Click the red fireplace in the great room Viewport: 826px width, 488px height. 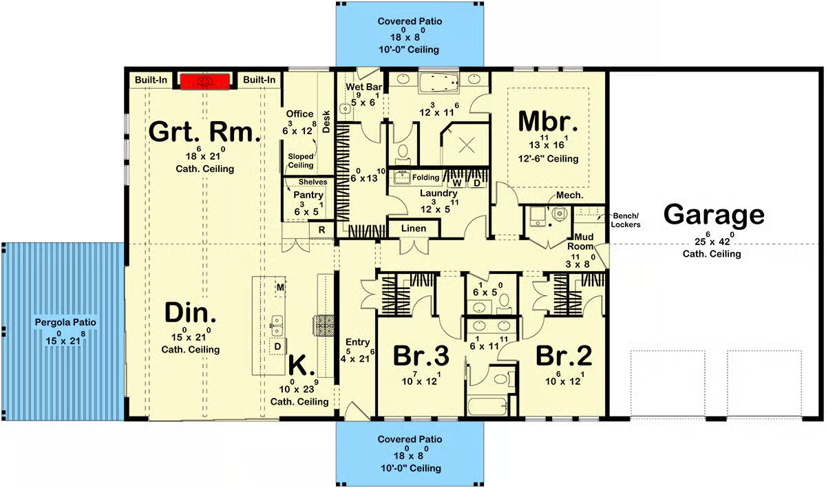[x=205, y=81]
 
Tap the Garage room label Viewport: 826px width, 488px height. [x=714, y=215]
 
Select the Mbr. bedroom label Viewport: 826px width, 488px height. [x=548, y=121]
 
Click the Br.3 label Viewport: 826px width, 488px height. [x=421, y=356]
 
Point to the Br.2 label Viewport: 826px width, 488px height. [x=564, y=356]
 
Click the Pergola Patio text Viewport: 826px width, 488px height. [x=65, y=322]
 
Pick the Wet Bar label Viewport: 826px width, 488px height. [x=363, y=87]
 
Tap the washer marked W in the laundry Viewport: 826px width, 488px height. [x=457, y=182]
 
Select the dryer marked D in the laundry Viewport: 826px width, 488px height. [x=477, y=182]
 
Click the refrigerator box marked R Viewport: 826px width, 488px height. [x=321, y=230]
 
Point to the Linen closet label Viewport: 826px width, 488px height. [x=414, y=229]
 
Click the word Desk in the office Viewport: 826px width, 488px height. [x=326, y=122]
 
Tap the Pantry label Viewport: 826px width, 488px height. [x=308, y=195]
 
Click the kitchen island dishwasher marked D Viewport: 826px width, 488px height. [x=277, y=346]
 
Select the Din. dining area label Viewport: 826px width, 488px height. [x=190, y=312]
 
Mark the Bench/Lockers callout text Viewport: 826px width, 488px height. [x=626, y=220]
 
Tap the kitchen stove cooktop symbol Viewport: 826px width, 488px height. [x=324, y=326]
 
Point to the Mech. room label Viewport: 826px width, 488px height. [x=569, y=195]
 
